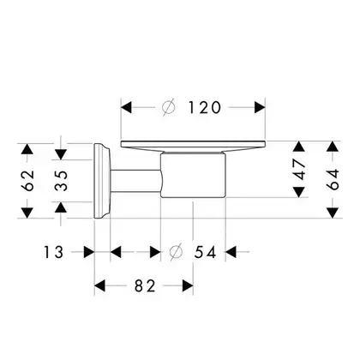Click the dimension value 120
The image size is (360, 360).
(205, 107)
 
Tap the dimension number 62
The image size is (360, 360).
(28, 181)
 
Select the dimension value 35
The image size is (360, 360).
(61, 181)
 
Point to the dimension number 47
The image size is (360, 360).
(300, 170)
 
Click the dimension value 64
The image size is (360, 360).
(333, 179)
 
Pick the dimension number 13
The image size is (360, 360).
(53, 252)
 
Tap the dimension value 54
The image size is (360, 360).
(205, 252)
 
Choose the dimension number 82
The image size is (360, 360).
(145, 285)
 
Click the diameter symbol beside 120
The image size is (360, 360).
(168, 107)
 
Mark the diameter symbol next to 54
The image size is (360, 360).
(176, 252)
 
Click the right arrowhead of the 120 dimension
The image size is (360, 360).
(260, 107)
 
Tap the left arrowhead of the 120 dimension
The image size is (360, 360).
(126, 107)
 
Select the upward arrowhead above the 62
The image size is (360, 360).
(27, 149)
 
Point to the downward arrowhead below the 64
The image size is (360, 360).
(333, 213)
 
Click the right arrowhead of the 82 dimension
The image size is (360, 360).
(188, 285)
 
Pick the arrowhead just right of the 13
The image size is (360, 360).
(89, 252)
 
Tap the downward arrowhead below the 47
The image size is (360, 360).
(299, 192)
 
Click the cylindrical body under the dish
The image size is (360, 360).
(193, 175)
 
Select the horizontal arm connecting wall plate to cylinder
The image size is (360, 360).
(135, 181)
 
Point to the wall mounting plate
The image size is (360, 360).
(101, 181)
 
